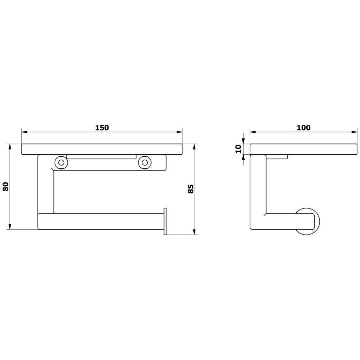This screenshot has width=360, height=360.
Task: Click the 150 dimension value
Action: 102,128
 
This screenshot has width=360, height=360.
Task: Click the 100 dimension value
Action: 303,128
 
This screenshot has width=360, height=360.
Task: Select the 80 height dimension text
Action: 6,186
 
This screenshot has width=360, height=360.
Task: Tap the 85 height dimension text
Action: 191,189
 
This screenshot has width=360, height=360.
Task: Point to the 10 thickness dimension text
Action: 238,149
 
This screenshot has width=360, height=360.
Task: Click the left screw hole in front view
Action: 61,162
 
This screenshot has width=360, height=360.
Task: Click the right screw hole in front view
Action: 144,162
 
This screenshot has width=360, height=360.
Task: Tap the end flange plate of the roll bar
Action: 165,221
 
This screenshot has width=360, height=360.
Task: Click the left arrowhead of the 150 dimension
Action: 24,132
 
